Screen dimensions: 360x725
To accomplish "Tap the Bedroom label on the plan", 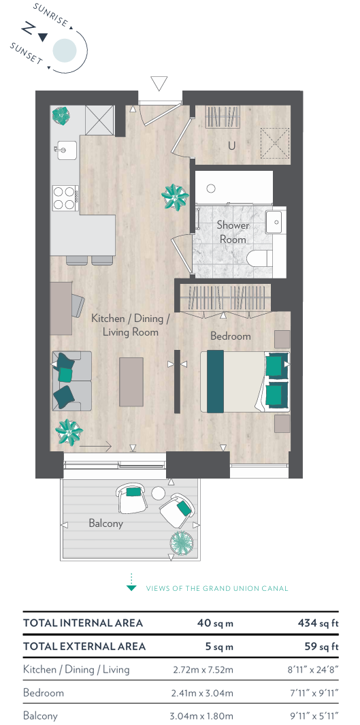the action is tap(231, 336).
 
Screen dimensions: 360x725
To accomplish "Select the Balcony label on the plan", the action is tap(106, 523).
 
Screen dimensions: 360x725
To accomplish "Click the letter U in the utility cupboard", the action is tap(231, 146).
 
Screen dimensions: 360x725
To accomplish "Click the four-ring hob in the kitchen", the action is tap(65, 198).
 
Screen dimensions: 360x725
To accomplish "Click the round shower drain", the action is tap(211, 188).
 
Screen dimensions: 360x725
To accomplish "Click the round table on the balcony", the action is tap(158, 494).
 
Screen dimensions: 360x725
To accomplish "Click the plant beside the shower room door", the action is tap(175, 197).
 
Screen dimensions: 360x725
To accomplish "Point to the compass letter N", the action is tap(28, 29).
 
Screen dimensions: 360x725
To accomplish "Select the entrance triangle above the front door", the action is tap(159, 84).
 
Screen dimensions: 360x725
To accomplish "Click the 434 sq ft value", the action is tap(318, 623).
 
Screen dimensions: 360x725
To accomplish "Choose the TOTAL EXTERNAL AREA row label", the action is tap(84, 646).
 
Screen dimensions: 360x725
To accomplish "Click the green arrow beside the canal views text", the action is tap(132, 583).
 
